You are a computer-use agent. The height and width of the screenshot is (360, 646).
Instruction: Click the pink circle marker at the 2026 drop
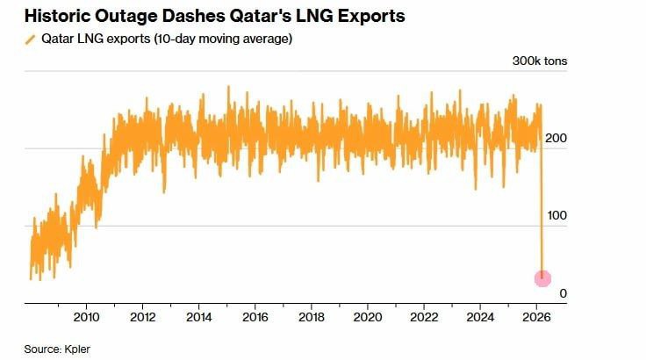coord(543,277)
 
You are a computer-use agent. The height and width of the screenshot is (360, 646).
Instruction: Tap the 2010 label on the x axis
coord(86,316)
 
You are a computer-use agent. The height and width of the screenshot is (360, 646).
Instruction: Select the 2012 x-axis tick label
coord(142,316)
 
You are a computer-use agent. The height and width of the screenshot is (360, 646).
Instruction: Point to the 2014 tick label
coord(199,316)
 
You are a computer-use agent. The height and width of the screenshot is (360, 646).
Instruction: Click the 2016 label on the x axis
coord(255,316)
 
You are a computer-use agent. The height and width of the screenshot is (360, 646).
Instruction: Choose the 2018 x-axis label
coord(312,316)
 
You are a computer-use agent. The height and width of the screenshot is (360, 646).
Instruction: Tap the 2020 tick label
coord(368,316)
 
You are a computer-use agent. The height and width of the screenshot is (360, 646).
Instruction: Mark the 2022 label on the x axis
coord(425,316)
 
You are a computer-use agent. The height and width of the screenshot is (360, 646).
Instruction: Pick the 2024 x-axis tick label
coord(481,316)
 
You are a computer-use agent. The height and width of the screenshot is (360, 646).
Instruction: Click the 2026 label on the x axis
coord(537,316)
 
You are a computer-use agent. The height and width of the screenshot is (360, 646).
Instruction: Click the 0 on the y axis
coord(551,293)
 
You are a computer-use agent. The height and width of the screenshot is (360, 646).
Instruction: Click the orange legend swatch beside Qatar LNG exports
coord(32,40)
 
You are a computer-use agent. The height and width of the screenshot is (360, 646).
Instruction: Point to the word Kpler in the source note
coord(75,349)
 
